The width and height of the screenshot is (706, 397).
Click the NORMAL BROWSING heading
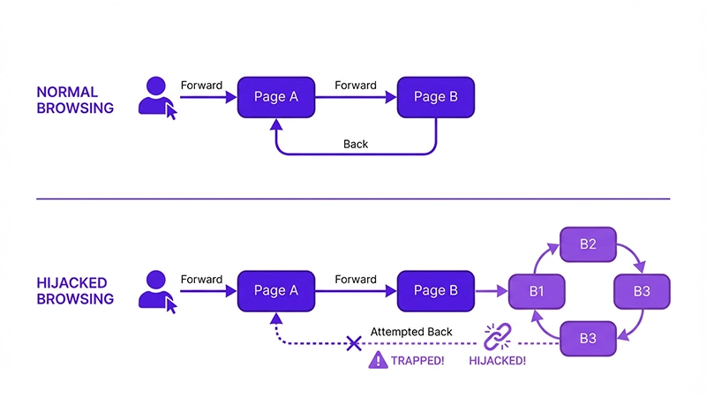[75, 101]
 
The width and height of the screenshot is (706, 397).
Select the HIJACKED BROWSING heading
[75, 290]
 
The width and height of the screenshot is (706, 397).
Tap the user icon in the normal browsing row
[157, 96]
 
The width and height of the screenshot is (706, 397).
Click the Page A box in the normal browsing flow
[275, 97]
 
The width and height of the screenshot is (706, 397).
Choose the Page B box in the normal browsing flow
[436, 97]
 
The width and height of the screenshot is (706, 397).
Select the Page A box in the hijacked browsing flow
[275, 290]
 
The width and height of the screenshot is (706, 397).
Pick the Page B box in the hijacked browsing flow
[436, 290]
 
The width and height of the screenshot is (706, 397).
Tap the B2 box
[588, 244]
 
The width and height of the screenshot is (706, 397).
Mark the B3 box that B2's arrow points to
[641, 290]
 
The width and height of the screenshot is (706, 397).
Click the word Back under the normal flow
[356, 144]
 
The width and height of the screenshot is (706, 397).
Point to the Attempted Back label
[411, 331]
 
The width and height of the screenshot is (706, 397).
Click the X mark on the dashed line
[354, 342]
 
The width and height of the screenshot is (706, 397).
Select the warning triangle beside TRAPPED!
[379, 360]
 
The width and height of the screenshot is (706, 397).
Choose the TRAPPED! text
[418, 360]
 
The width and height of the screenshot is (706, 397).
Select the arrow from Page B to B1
[492, 290]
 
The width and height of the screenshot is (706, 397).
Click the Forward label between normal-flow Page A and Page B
[356, 86]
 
